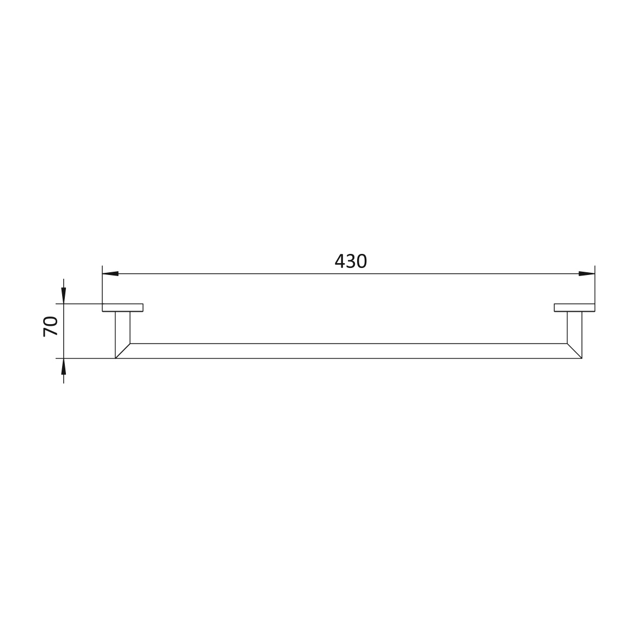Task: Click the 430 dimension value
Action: (x=351, y=261)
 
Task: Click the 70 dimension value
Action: (x=50, y=326)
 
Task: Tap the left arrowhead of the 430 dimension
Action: (x=110, y=274)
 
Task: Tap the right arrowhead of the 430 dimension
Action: (x=587, y=274)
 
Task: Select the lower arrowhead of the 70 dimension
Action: (x=63, y=366)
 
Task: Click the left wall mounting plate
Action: (x=123, y=307)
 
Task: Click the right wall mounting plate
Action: (x=575, y=307)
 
